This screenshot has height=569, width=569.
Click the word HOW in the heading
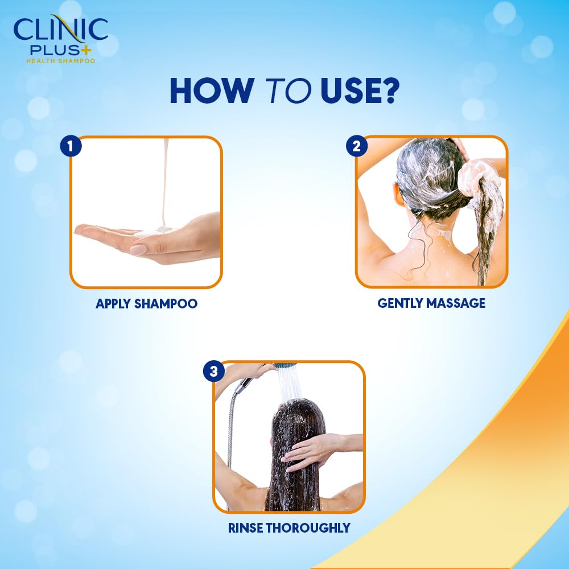pyautogui.click(x=211, y=90)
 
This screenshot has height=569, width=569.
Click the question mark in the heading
pyautogui.click(x=386, y=90)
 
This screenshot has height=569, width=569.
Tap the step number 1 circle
pyautogui.click(x=71, y=146)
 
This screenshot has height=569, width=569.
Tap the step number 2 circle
pyautogui.click(x=356, y=146)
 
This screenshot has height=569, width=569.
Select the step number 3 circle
pyautogui.click(x=214, y=372)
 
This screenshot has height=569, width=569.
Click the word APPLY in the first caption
pyautogui.click(x=113, y=304)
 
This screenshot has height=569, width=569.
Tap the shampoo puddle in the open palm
pyautogui.click(x=154, y=231)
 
